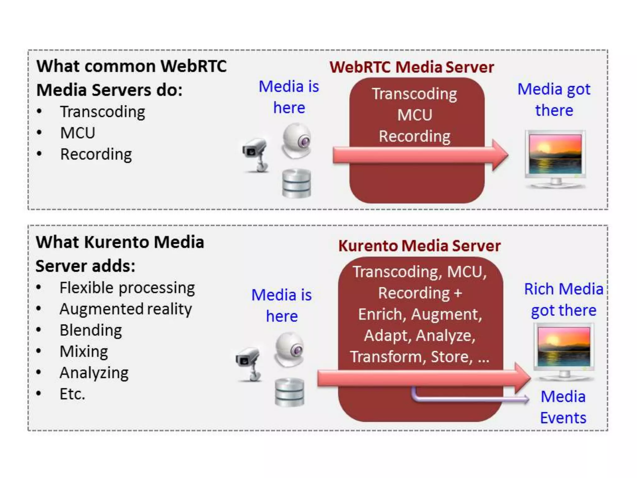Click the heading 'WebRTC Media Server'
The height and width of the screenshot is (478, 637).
[411, 67]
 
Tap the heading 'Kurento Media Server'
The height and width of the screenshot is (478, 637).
[419, 246]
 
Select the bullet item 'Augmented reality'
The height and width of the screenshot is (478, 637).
[126, 309]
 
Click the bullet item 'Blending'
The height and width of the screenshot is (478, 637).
[91, 330]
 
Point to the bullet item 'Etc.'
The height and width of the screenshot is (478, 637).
[72, 394]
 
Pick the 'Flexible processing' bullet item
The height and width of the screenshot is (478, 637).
[127, 288]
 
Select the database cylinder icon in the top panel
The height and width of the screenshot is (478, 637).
[296, 183]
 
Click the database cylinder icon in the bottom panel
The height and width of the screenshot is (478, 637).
[289, 392]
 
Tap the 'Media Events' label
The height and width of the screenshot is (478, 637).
[563, 407]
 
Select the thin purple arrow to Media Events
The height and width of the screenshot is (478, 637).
[467, 398]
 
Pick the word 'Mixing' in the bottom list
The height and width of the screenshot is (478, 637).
[84, 352]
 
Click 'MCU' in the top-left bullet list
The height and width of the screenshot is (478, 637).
[77, 133]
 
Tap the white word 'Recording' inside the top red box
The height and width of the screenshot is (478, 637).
[414, 136]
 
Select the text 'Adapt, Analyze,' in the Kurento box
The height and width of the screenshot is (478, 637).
[420, 335]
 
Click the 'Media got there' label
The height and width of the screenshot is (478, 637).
[554, 100]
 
